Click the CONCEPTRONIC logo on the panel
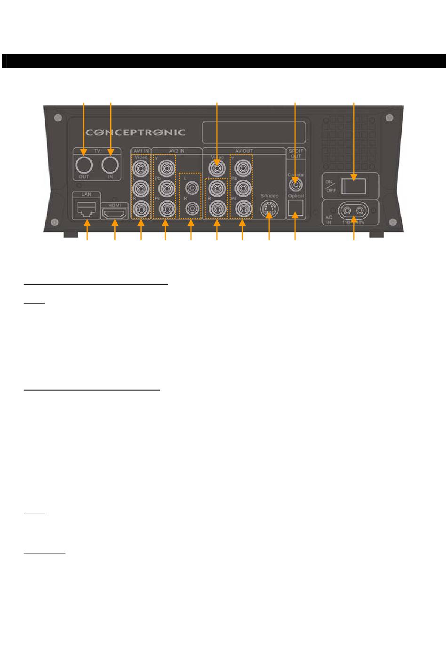pos(136,132)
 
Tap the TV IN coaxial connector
pos(111,165)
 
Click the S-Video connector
pos(269,209)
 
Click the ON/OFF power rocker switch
pos(354,185)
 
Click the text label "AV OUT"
pos(244,151)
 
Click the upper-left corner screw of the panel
pos(57,118)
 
